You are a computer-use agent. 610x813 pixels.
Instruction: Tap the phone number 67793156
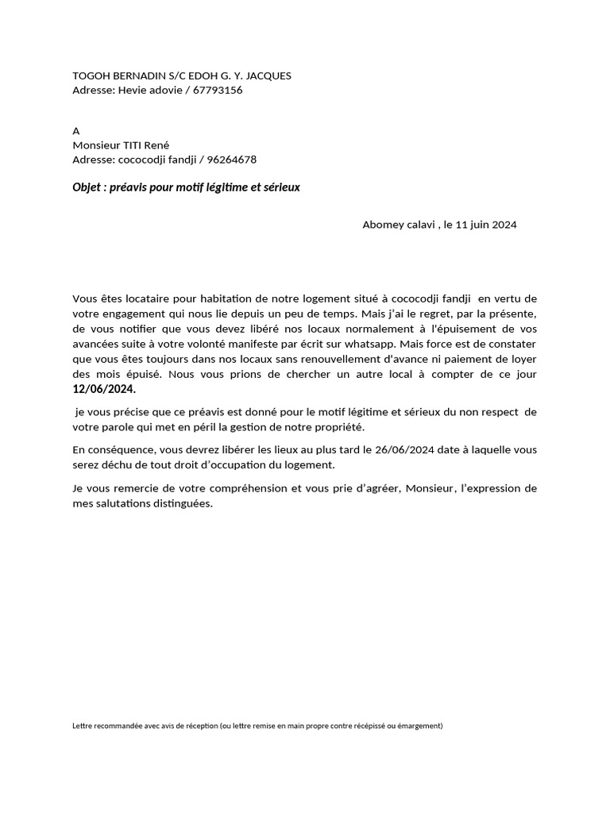click(218, 91)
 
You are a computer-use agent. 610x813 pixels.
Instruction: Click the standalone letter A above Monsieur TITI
click(76, 131)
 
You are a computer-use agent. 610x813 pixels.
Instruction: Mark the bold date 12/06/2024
click(104, 389)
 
